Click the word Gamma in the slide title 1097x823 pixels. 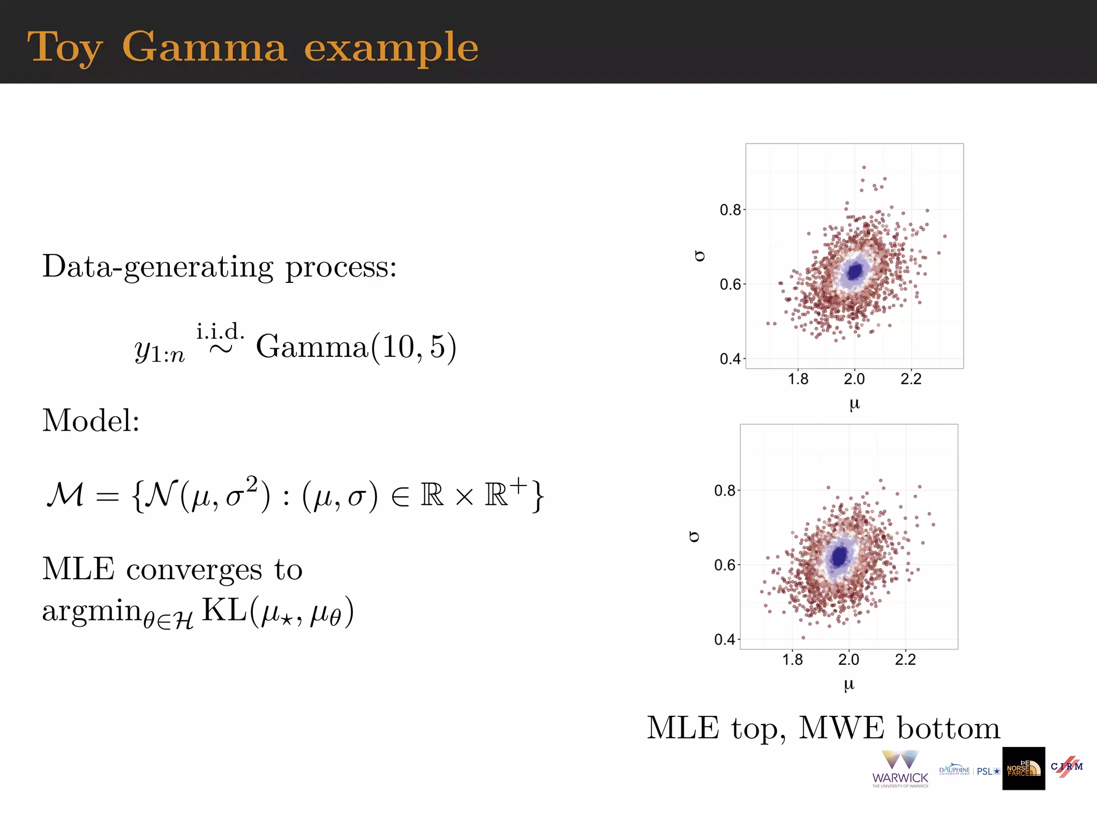tap(205, 47)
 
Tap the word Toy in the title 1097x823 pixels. tap(64, 48)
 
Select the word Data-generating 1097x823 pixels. tap(157, 267)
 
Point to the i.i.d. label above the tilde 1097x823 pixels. tap(220, 332)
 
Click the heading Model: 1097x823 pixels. tap(91, 420)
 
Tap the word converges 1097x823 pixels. tap(194, 569)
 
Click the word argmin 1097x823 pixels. tap(91, 611)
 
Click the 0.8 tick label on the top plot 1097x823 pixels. tap(730, 210)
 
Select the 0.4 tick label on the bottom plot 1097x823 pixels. tap(725, 639)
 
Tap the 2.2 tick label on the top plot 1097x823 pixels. tap(911, 379)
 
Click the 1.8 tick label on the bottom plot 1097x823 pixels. tap(792, 660)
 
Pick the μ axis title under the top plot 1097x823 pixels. tap(854, 403)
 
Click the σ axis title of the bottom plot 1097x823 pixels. tap(694, 536)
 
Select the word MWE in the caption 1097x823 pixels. tap(841, 728)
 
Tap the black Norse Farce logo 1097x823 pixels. tap(1023, 768)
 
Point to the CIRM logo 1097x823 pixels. tap(1066, 766)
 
